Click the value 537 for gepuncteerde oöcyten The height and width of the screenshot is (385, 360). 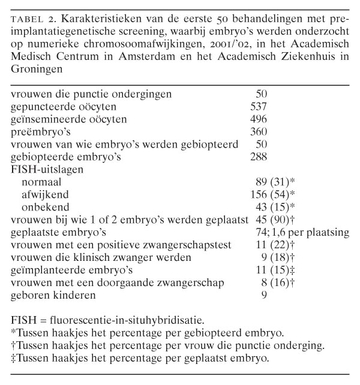click(258, 107)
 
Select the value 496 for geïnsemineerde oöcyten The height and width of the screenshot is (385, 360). click(258, 119)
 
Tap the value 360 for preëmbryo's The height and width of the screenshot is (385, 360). click(258, 132)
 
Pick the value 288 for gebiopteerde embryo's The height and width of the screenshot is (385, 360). click(258, 157)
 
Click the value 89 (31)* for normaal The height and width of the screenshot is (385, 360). click(275, 182)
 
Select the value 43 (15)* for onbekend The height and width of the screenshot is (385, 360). click(275, 207)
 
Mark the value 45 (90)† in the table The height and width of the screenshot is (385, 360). click(275, 219)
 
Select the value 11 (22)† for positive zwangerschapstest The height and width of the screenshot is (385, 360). click(275, 245)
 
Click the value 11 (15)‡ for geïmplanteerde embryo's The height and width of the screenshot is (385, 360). click(275, 270)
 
